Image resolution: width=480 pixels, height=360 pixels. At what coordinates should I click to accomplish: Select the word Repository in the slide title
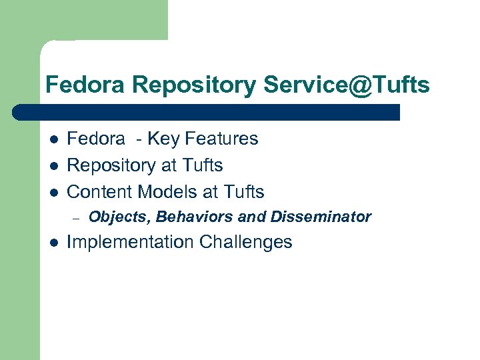click(193, 85)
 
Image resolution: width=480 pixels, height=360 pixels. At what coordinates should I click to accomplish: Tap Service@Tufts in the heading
click(346, 85)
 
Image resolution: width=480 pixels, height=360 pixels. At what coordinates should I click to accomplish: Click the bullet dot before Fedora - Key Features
click(53, 139)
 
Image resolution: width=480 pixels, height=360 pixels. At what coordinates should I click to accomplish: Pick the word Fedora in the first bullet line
click(96, 139)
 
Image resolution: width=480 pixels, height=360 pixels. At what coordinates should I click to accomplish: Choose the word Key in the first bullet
click(163, 139)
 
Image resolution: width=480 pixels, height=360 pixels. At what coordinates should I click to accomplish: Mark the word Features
click(221, 139)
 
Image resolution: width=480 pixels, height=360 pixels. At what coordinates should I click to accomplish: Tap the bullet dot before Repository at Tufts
click(53, 166)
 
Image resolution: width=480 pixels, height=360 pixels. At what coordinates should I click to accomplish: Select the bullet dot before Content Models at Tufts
click(53, 193)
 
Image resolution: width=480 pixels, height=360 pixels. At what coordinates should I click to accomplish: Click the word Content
click(100, 192)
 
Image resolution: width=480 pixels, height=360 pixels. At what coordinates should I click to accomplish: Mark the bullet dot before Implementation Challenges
click(53, 243)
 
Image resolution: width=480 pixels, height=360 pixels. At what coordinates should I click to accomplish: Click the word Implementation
click(124, 242)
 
